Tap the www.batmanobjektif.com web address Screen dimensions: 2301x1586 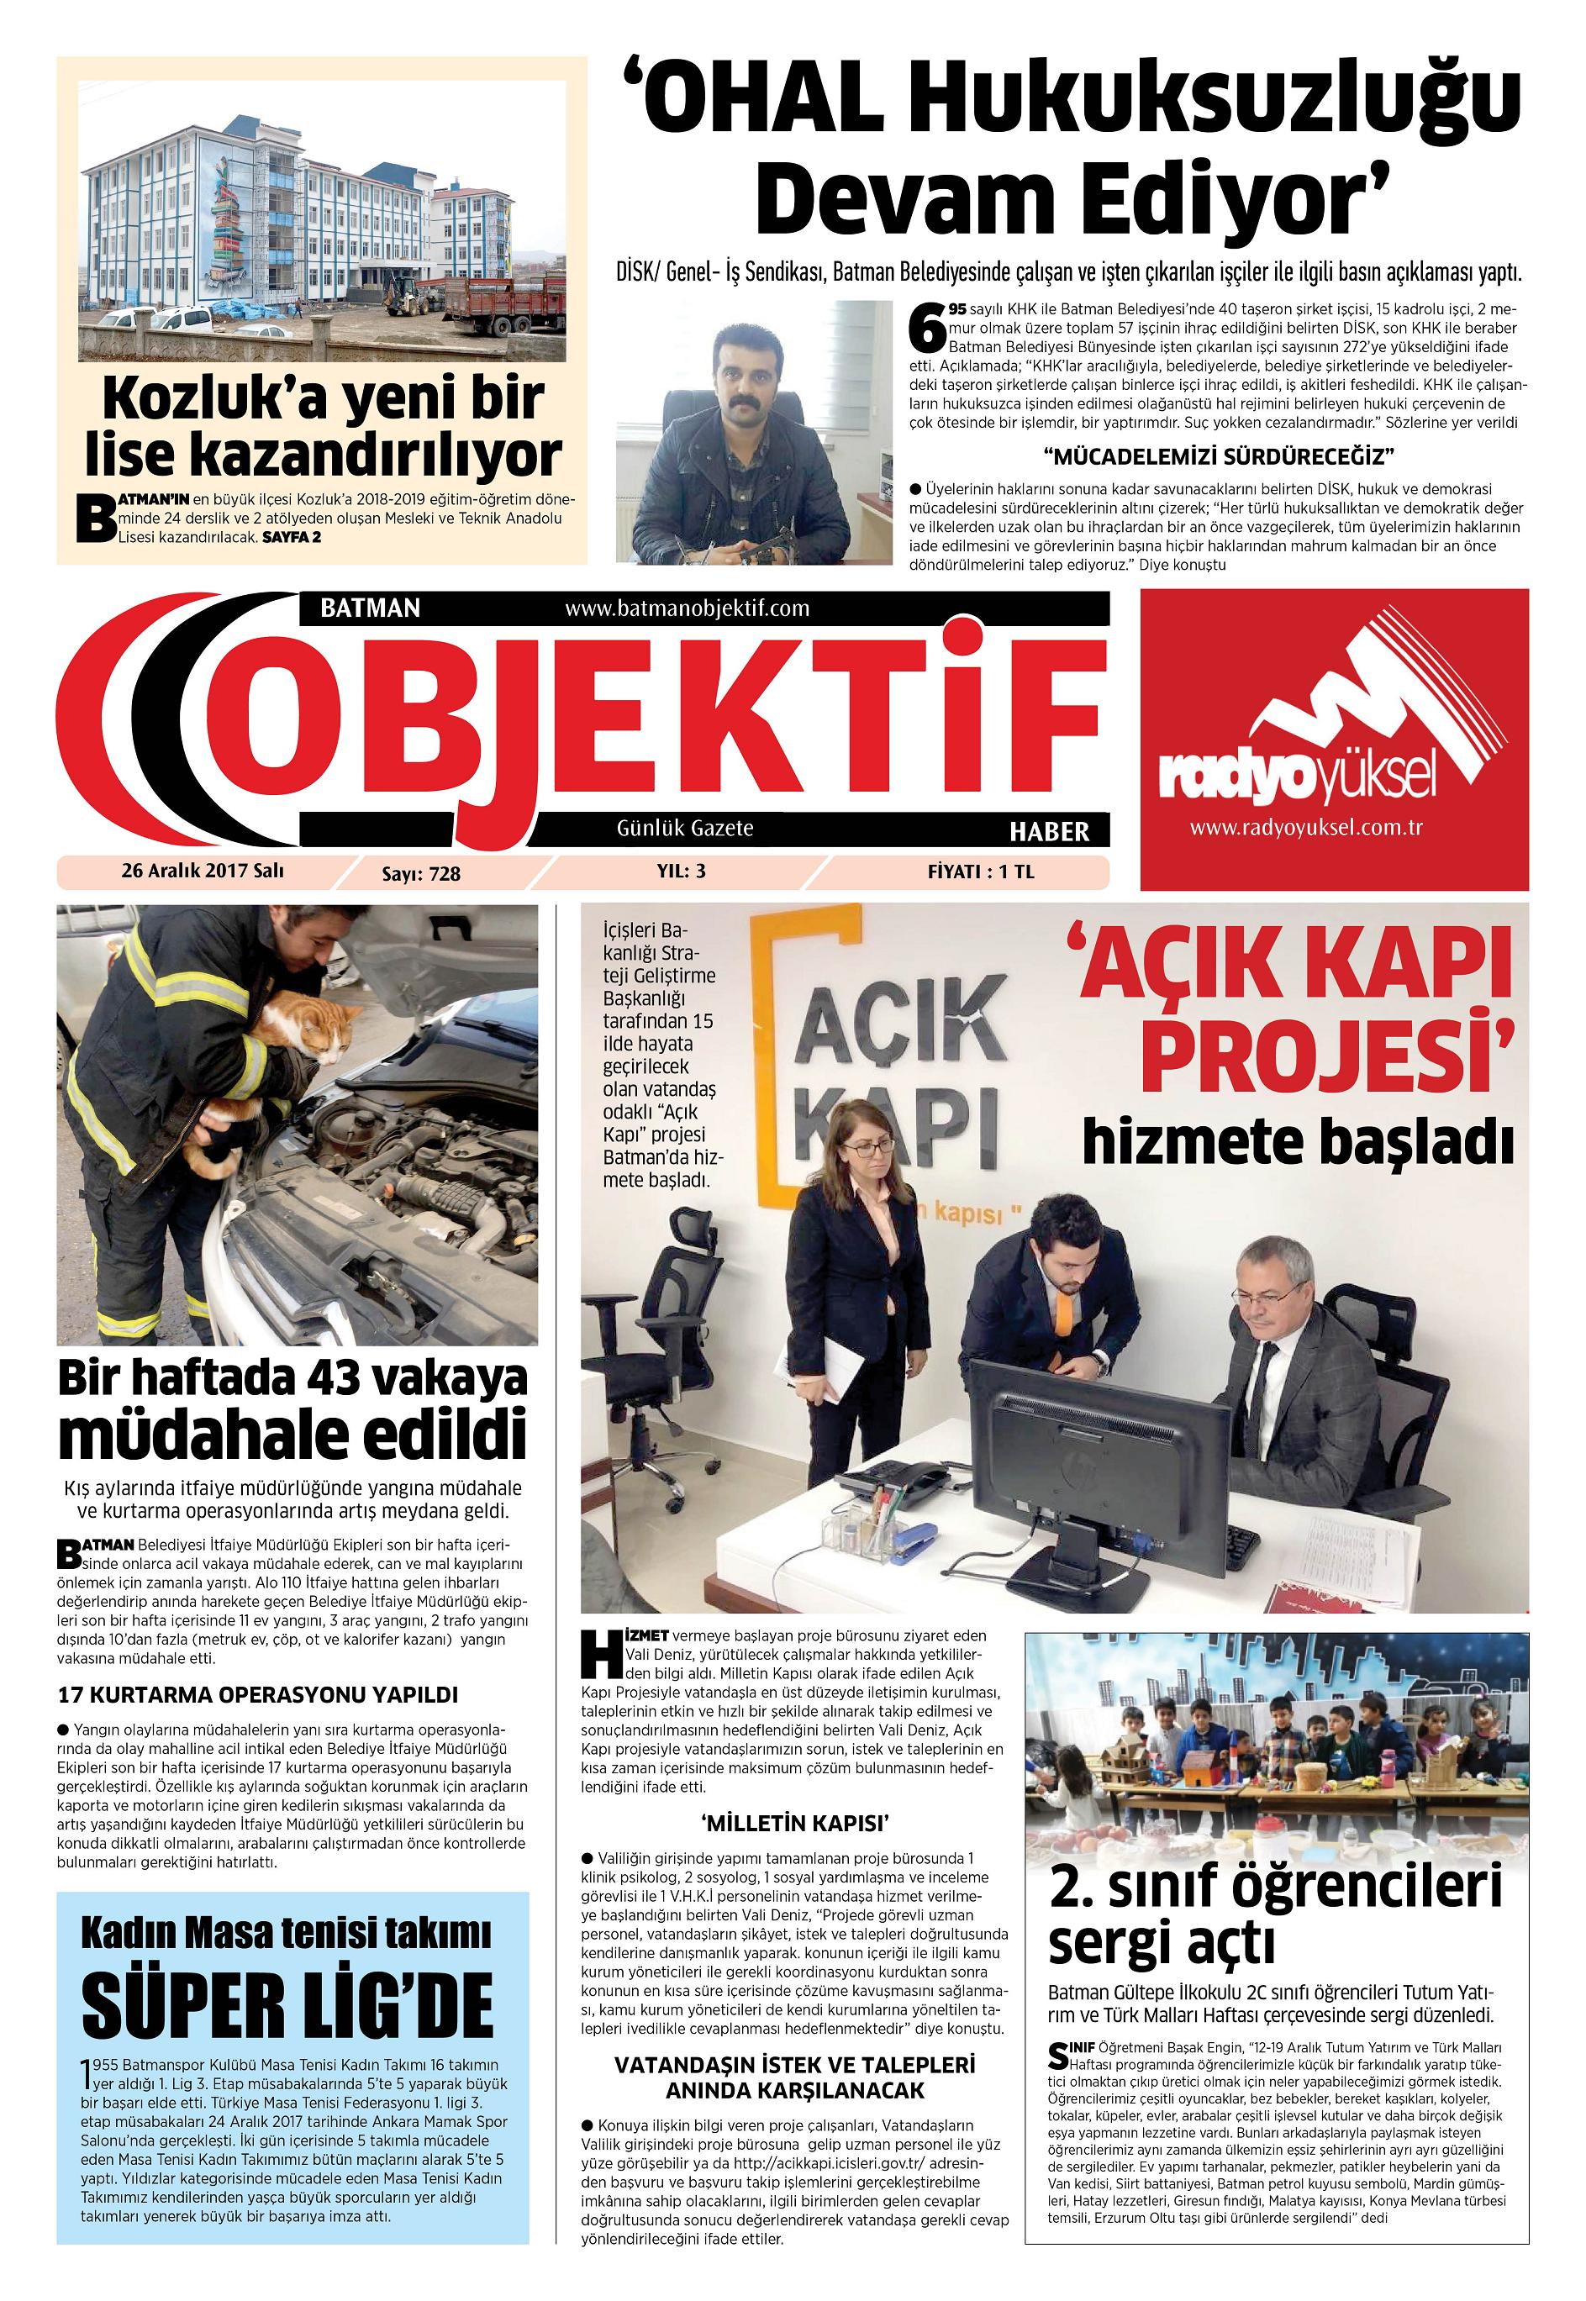(687, 608)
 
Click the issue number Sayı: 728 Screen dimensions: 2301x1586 (421, 873)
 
